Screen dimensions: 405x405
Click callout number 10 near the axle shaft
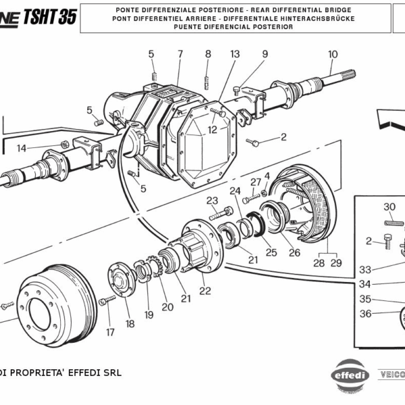(333, 55)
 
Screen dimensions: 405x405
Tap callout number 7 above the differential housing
(180, 54)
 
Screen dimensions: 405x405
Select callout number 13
(235, 54)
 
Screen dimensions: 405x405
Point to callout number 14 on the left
(22, 148)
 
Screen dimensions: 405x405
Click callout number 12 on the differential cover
(213, 130)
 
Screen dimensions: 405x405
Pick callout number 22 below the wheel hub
(205, 291)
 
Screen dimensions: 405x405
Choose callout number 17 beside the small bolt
(110, 331)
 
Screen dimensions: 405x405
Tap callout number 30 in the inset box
(389, 207)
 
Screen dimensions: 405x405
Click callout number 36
(365, 313)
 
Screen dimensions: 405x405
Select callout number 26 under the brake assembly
(294, 253)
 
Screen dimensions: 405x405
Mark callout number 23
(212, 200)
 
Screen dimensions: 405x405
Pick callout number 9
(265, 54)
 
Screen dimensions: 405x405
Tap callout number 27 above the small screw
(255, 182)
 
